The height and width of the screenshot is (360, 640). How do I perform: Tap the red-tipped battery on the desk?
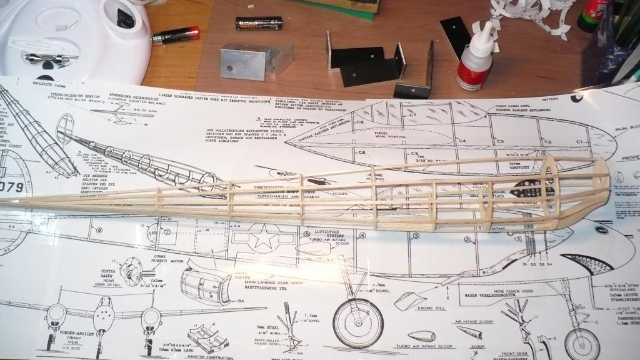(x=176, y=36)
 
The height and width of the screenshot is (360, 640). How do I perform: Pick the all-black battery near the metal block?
(x=259, y=24)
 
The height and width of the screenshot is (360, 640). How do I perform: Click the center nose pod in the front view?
(x=102, y=318)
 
